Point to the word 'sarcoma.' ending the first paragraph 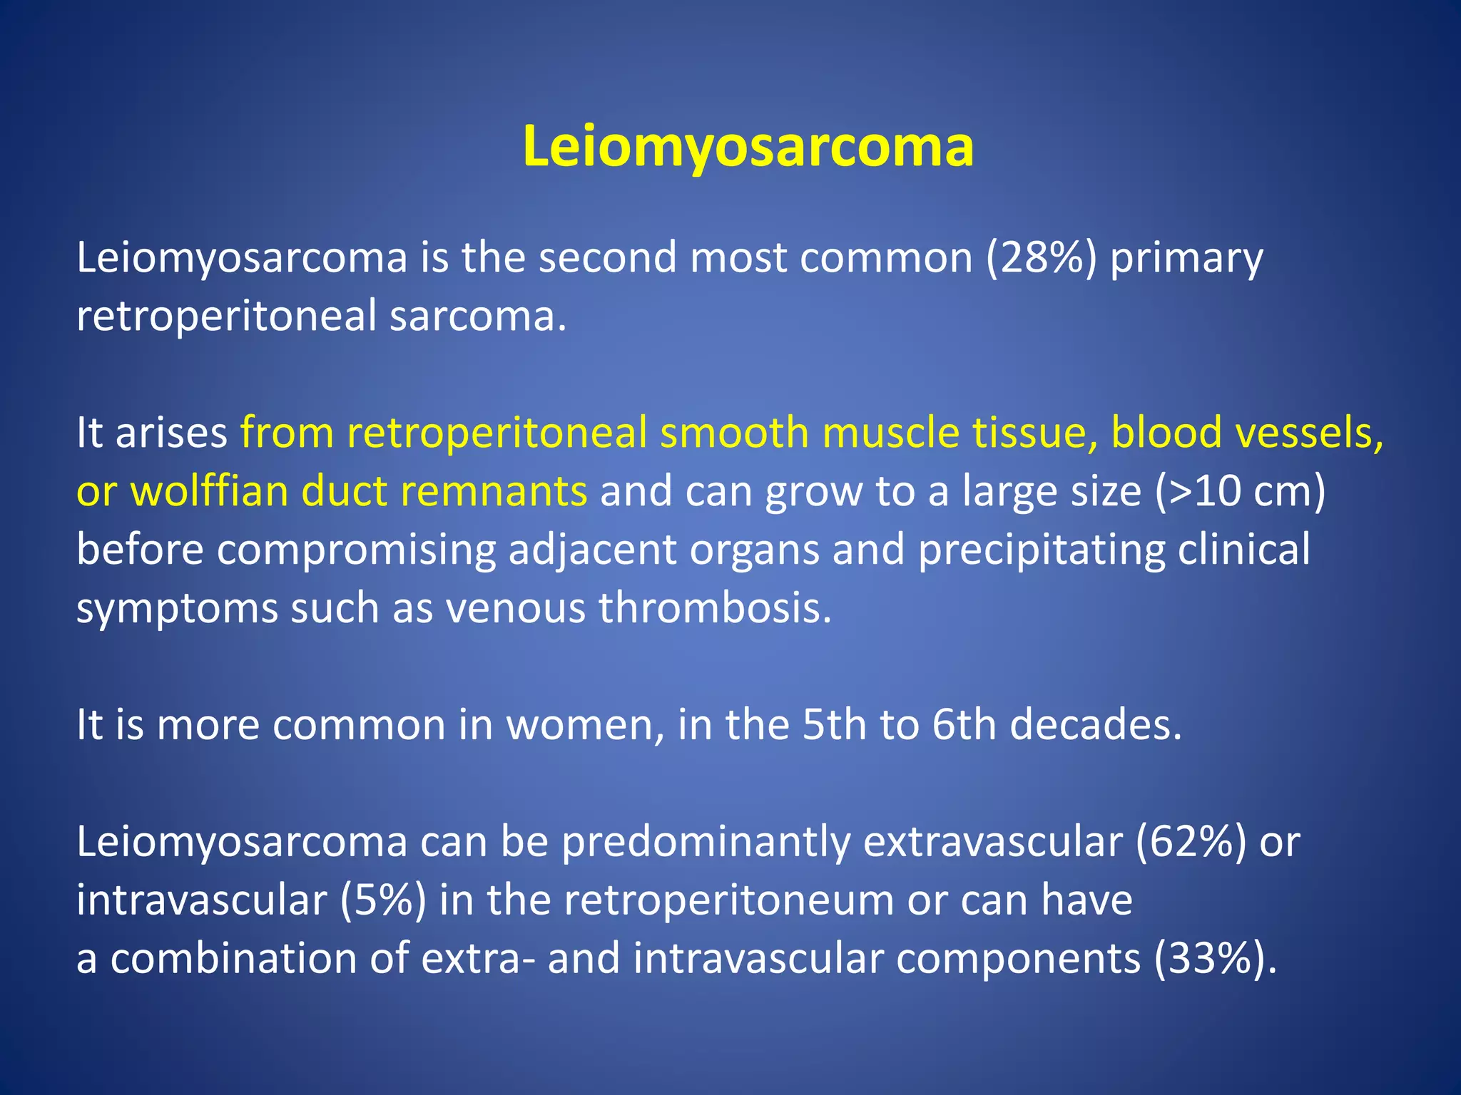(x=478, y=317)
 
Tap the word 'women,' (x=585, y=726)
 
